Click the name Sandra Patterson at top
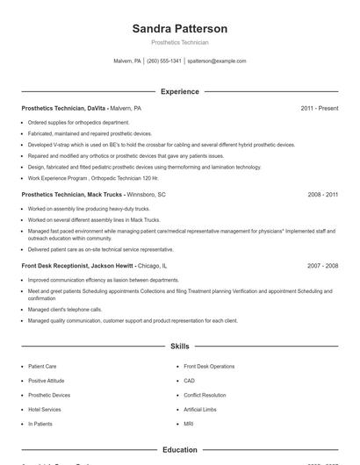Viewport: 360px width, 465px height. pos(180,28)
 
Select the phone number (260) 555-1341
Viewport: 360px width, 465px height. pos(164,61)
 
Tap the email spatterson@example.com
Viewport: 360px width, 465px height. pos(217,61)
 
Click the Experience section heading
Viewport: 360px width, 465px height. pos(180,91)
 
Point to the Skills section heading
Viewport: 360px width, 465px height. pos(180,347)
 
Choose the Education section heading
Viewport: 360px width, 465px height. pos(180,450)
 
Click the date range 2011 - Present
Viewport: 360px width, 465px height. pos(319,108)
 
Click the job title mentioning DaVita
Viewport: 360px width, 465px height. pos(81,108)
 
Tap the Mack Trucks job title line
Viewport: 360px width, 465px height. pos(93,194)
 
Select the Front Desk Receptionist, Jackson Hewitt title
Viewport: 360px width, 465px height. pos(94,265)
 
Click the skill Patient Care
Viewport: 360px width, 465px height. pos(42,366)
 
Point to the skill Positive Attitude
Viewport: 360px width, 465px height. pos(47,381)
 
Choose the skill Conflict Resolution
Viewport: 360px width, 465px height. pos(205,395)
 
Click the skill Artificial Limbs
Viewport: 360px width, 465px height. pos(199,409)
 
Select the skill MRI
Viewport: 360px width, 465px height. pos(189,424)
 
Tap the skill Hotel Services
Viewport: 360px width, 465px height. pos(45,409)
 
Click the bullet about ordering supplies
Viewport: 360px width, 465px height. pos(78,123)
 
